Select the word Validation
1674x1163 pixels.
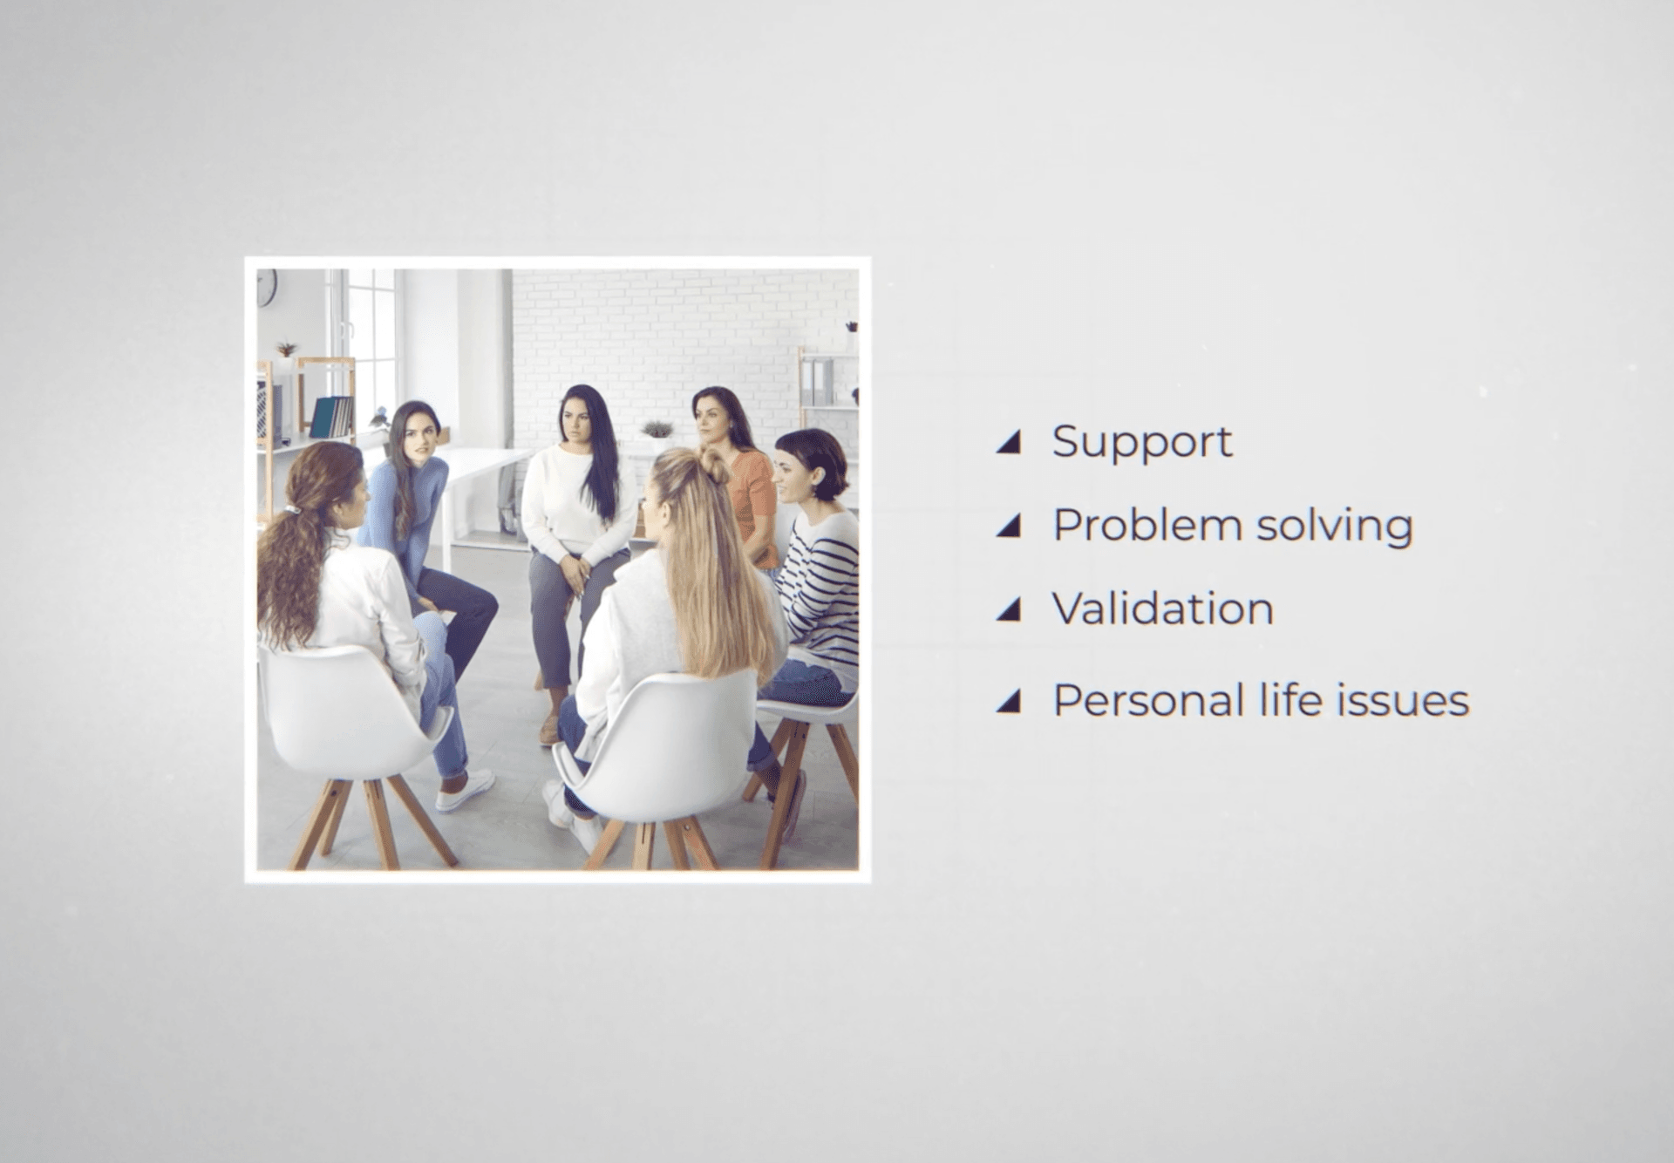click(x=1163, y=608)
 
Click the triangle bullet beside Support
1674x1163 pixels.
click(x=1009, y=442)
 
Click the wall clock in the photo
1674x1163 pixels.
click(x=266, y=287)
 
